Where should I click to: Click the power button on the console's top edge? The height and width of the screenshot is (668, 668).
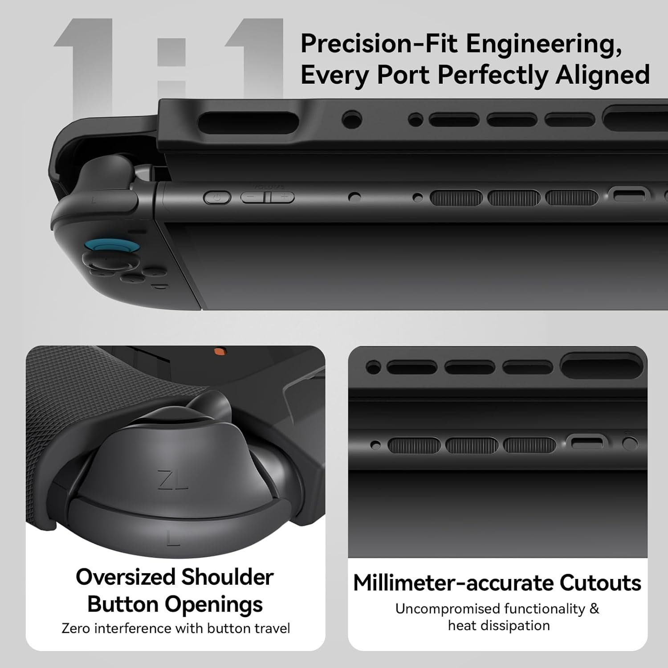click(x=217, y=198)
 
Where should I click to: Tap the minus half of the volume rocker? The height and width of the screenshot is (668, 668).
click(x=253, y=197)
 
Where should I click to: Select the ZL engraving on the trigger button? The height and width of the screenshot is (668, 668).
click(x=173, y=480)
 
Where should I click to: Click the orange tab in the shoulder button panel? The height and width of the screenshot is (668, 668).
click(x=219, y=351)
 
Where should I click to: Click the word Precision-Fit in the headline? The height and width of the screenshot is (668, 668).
click(x=379, y=44)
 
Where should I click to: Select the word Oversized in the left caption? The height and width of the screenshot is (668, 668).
click(x=125, y=577)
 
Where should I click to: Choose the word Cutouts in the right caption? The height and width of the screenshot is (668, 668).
click(x=600, y=583)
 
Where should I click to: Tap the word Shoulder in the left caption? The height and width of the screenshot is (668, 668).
click(x=227, y=577)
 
